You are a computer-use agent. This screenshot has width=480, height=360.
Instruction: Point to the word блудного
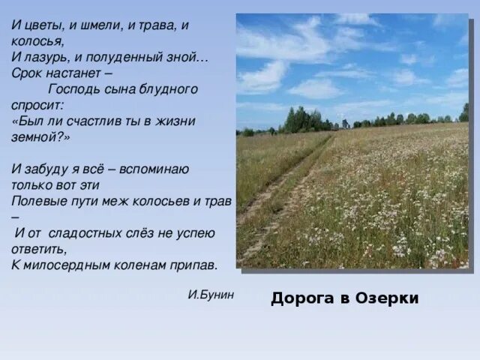(x=169, y=89)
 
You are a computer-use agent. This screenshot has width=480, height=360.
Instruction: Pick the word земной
(x=37, y=137)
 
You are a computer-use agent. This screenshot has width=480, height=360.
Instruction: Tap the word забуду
(x=49, y=169)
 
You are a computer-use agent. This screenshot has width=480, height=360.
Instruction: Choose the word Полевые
(x=37, y=201)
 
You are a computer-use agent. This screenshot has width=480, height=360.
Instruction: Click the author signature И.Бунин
(x=211, y=295)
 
